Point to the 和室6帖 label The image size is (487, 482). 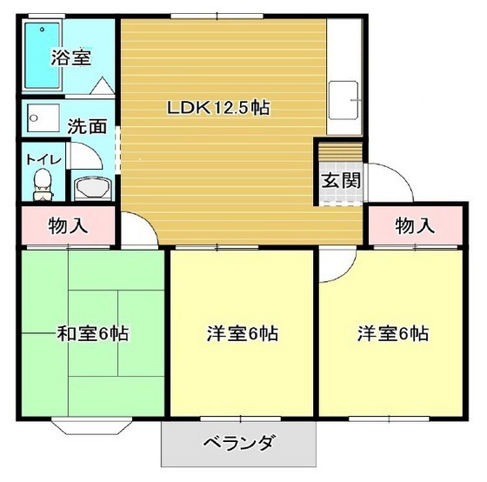tap(93, 333)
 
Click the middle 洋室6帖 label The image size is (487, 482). tap(243, 333)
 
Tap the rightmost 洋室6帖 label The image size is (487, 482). tap(392, 333)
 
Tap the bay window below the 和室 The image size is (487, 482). tap(90, 427)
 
